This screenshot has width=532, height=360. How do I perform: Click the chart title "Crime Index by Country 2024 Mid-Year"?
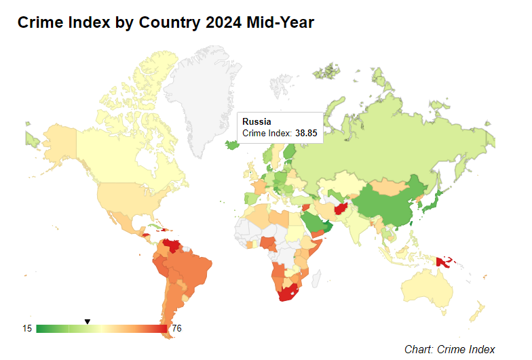point(166,22)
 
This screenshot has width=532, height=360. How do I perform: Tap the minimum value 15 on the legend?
point(27,329)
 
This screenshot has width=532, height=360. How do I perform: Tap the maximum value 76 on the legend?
point(176,329)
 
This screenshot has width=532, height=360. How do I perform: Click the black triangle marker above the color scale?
point(87,321)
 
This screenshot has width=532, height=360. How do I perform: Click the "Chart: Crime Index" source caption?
point(450,349)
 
